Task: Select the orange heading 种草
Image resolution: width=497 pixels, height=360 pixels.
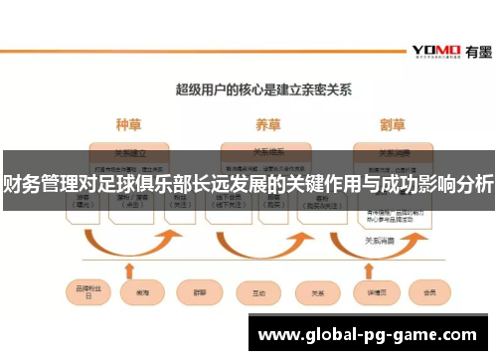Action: click(129, 126)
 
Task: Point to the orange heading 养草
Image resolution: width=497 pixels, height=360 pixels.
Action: click(265, 126)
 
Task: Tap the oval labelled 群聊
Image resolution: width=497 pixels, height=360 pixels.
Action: click(193, 292)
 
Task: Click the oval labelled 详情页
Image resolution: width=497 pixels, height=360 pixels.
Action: click(375, 292)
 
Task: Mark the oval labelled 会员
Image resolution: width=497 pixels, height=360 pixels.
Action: click(430, 292)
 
